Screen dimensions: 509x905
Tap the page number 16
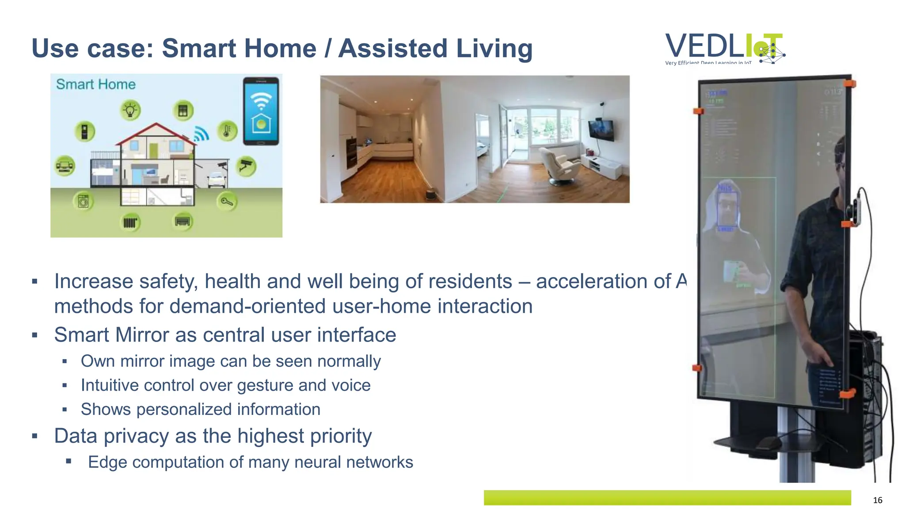click(x=877, y=500)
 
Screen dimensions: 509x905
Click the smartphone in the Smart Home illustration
click(x=261, y=111)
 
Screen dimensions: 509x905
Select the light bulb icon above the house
click(x=130, y=110)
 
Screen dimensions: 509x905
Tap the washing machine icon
click(x=83, y=201)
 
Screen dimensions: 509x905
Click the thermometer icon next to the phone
click(x=227, y=131)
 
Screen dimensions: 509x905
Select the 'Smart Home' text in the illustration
click(x=95, y=84)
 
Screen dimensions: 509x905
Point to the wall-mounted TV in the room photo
click(x=601, y=129)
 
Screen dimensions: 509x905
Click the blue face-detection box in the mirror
click(x=726, y=209)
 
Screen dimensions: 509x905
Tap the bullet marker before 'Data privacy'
click(x=35, y=436)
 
